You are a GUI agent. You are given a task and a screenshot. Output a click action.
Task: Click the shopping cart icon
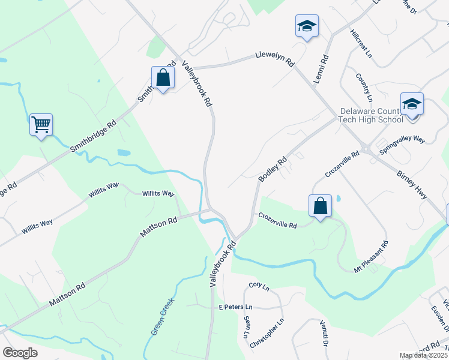[41, 125]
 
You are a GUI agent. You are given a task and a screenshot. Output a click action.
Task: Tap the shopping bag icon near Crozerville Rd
[321, 206]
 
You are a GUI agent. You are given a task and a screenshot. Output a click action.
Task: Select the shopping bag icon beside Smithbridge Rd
[163, 77]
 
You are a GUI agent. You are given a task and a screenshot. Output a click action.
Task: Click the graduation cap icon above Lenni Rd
[307, 26]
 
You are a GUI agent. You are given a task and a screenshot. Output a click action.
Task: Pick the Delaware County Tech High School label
[372, 115]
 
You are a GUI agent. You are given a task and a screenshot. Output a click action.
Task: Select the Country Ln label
[365, 88]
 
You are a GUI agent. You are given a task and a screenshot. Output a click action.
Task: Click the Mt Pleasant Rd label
[372, 257]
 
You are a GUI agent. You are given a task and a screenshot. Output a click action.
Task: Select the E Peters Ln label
[236, 307]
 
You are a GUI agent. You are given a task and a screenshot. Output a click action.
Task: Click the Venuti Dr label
[322, 334]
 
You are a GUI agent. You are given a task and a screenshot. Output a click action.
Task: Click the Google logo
[20, 353]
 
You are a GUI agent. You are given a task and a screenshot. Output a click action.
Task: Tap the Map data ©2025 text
[423, 355]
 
